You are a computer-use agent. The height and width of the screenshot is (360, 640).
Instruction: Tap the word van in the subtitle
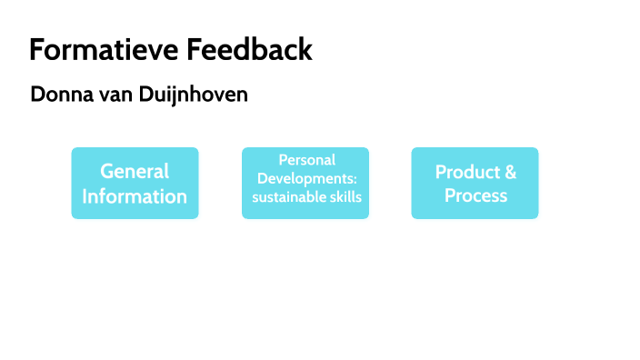click(x=115, y=95)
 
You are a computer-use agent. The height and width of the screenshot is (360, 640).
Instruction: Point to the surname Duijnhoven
click(x=194, y=95)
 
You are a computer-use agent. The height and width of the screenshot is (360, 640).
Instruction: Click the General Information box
click(x=135, y=183)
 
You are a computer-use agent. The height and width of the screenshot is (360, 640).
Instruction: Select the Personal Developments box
click(x=305, y=183)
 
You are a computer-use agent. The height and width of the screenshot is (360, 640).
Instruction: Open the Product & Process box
click(x=475, y=183)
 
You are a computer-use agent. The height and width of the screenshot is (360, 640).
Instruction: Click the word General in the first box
click(x=135, y=171)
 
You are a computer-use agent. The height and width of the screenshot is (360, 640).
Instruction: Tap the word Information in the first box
click(x=135, y=195)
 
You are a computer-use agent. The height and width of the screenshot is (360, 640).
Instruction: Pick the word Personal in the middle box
click(x=306, y=160)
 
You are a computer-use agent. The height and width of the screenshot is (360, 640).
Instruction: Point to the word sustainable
click(x=283, y=196)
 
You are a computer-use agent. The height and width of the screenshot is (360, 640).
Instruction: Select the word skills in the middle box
click(x=345, y=196)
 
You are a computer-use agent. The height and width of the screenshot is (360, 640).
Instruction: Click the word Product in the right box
click(x=465, y=172)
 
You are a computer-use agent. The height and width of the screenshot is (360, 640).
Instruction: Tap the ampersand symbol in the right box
click(x=510, y=172)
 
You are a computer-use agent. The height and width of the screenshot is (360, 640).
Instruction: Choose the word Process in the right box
click(x=475, y=195)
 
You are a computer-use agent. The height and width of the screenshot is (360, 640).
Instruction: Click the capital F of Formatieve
click(x=37, y=49)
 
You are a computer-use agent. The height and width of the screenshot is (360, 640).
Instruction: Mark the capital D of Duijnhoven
click(x=148, y=95)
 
